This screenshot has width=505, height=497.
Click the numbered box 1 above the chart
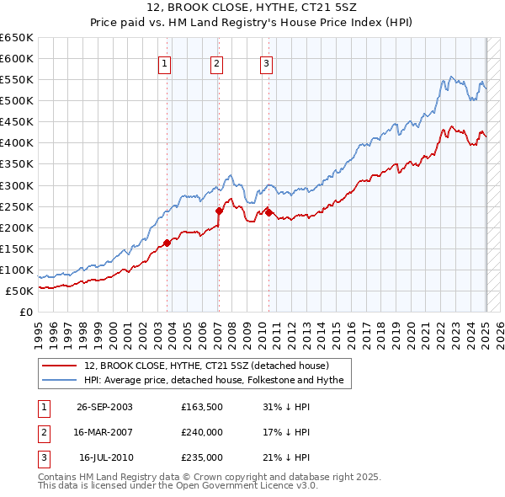[x=164, y=62]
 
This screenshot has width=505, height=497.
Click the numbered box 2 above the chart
[x=216, y=62]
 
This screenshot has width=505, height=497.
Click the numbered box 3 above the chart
[x=266, y=62]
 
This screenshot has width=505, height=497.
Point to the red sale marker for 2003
[x=167, y=243]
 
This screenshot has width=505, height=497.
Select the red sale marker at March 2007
[x=219, y=211]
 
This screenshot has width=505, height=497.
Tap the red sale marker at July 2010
[x=268, y=212]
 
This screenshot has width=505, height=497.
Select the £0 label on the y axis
[x=25, y=312]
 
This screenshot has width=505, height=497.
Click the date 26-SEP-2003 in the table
[x=104, y=407]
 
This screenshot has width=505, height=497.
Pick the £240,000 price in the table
[x=202, y=432]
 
